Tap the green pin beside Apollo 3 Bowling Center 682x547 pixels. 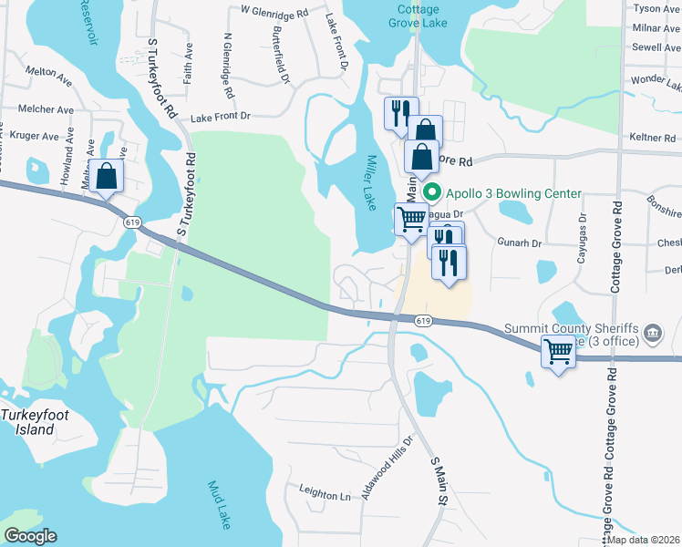(434, 193)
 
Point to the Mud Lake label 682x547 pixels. (220, 505)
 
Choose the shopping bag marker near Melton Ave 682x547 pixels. (107, 176)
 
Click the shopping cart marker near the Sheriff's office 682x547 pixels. (558, 350)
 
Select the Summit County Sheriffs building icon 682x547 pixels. (653, 333)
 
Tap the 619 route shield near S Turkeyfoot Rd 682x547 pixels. (133, 222)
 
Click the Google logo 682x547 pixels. (30, 536)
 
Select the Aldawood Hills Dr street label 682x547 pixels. (387, 467)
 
